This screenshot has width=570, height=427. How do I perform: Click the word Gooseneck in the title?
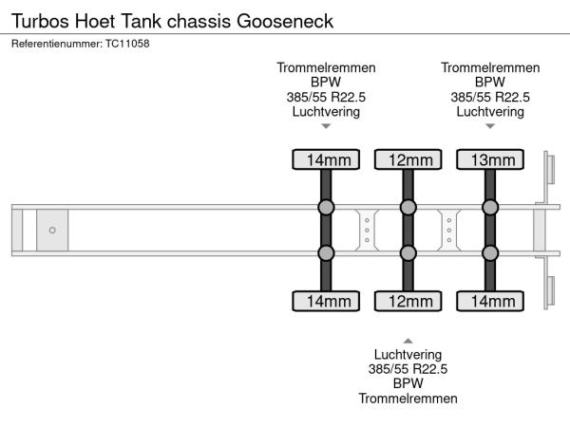click(x=287, y=20)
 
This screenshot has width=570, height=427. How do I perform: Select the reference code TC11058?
click(x=127, y=43)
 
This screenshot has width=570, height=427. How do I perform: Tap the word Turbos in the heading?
click(x=39, y=20)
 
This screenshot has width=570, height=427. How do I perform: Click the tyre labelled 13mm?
click(x=489, y=159)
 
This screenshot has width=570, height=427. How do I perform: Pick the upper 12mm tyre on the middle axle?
click(x=408, y=159)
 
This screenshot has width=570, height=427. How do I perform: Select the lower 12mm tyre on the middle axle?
click(x=408, y=301)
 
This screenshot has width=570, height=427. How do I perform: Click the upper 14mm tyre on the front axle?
click(x=326, y=159)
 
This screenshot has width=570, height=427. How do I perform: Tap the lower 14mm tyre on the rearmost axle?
click(x=489, y=301)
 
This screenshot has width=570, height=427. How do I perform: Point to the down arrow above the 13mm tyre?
click(x=489, y=126)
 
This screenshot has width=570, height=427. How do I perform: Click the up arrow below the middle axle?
click(x=408, y=339)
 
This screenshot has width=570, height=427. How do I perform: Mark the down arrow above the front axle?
click(x=326, y=126)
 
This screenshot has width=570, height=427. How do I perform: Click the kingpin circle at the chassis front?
click(x=52, y=230)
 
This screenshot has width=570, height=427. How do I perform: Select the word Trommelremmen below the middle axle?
click(x=408, y=398)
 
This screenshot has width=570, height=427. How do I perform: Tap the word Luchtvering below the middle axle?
click(x=408, y=354)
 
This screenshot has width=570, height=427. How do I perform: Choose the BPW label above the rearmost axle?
click(x=489, y=82)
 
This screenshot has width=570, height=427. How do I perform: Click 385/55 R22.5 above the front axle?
click(x=326, y=97)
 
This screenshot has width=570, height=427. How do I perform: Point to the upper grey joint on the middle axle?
click(x=408, y=207)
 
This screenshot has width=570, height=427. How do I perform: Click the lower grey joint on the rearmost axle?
click(x=489, y=252)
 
